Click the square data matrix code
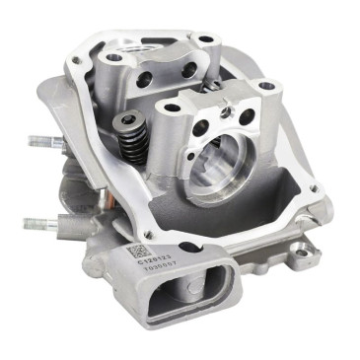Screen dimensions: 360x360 coord(134,253)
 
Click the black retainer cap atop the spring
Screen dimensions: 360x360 coord(128,122)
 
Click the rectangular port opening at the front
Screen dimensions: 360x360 coord(182,296)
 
